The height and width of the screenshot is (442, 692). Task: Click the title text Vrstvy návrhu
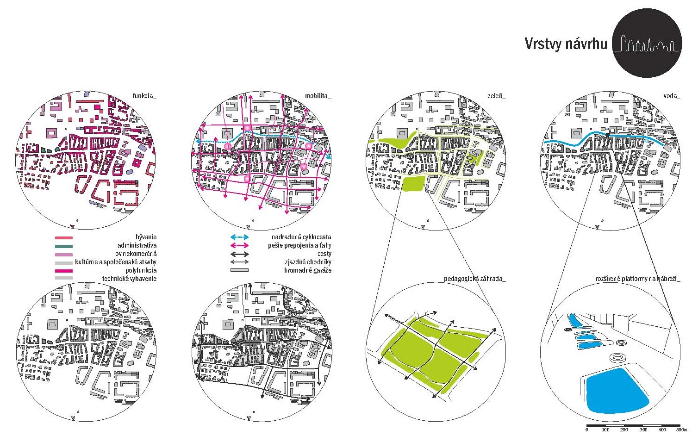(x=566, y=44)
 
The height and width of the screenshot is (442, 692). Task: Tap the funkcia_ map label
(x=144, y=96)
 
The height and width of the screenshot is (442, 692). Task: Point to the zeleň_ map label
(x=496, y=96)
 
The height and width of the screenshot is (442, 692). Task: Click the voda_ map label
(x=672, y=96)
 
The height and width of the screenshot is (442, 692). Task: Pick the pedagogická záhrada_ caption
(x=475, y=279)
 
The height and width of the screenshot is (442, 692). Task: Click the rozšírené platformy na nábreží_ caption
(x=637, y=279)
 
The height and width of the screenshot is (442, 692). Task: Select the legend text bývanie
(x=146, y=237)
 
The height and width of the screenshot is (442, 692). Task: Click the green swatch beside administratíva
(x=64, y=246)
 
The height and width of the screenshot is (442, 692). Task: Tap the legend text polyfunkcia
(x=141, y=270)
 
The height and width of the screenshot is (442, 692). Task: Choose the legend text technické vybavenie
(x=129, y=279)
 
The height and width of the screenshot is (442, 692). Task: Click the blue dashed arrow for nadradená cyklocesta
(x=239, y=237)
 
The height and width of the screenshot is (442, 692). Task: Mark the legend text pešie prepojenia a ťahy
(x=299, y=245)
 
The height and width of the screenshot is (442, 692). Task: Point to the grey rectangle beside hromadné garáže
(x=239, y=270)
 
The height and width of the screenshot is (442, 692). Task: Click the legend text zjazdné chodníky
(x=308, y=262)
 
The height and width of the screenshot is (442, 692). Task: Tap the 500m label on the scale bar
(x=681, y=430)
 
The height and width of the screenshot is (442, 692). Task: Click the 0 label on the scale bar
(x=586, y=430)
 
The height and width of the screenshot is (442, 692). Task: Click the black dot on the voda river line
(x=607, y=135)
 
